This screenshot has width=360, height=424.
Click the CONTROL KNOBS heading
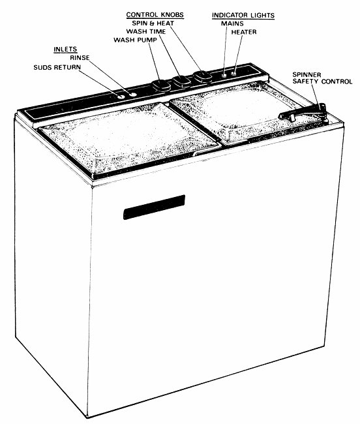[x=155, y=15]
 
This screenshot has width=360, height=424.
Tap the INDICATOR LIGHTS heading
[x=243, y=16]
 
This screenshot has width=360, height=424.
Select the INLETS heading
[x=65, y=50]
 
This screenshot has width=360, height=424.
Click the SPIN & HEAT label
[x=153, y=23]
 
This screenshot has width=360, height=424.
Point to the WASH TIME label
[x=146, y=32]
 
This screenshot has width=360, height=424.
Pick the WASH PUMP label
[x=136, y=40]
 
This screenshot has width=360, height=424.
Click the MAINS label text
[x=232, y=23]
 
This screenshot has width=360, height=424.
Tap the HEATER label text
[x=244, y=32]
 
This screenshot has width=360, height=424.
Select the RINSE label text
[x=80, y=57]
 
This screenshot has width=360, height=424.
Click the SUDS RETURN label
[x=57, y=67]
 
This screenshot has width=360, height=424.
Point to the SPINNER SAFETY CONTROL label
[x=322, y=78]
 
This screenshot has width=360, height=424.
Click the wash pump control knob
[x=161, y=85]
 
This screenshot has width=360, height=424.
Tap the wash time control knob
[x=182, y=81]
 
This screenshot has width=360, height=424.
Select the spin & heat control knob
[x=203, y=76]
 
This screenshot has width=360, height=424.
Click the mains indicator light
[x=224, y=75]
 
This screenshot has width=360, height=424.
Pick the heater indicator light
[x=233, y=73]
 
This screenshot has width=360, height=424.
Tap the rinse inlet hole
[x=132, y=95]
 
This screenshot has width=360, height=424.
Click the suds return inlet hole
[x=121, y=97]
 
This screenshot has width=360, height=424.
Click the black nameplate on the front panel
[x=155, y=207]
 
